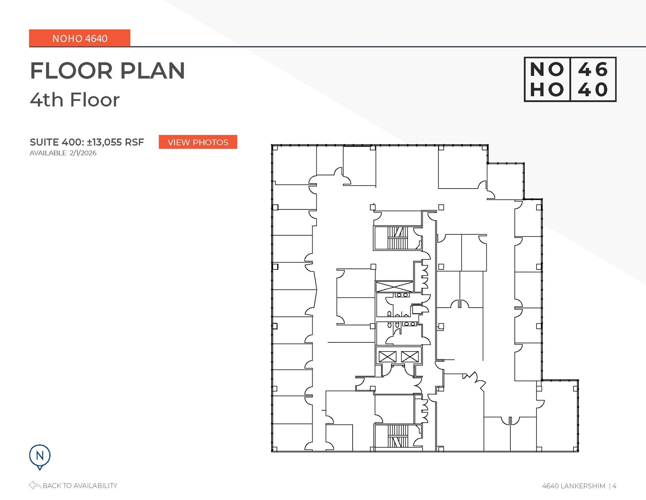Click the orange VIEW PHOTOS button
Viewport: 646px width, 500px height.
point(198,142)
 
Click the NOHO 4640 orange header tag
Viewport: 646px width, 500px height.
point(80,38)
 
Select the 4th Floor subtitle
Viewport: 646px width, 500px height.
point(75,100)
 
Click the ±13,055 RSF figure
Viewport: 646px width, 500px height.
point(115,142)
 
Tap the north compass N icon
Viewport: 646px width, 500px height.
point(40,456)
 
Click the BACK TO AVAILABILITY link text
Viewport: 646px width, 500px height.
point(80,485)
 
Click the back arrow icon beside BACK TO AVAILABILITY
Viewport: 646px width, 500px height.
point(35,485)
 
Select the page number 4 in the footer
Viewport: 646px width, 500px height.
point(614,486)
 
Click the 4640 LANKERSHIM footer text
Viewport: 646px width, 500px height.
point(573,486)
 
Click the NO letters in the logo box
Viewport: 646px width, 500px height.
point(547,69)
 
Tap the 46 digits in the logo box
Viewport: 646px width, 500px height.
point(593,69)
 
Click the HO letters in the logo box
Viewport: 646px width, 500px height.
point(547,90)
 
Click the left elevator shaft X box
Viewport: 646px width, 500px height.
point(387,357)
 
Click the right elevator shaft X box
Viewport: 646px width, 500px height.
point(410,357)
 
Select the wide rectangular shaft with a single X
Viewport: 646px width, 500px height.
point(394,287)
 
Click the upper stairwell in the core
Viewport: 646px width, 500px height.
point(397,238)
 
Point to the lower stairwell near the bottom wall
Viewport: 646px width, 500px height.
point(397,436)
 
